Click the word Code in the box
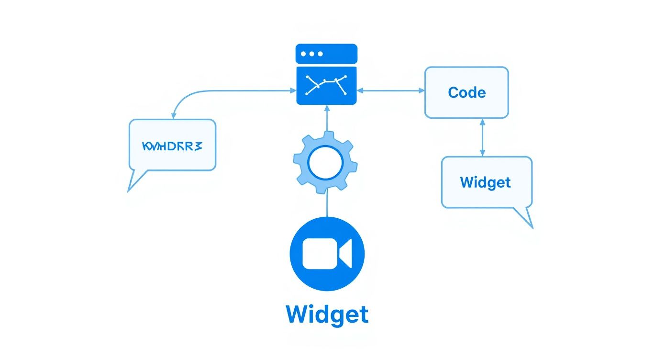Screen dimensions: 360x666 [x=466, y=92]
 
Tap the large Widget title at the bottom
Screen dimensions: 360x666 [x=327, y=315]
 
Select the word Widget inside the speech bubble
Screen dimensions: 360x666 [x=485, y=182]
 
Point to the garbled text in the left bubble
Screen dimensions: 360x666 [x=172, y=146]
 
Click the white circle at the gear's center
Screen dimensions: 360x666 [x=325, y=164]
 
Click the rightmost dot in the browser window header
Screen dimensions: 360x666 [x=321, y=54]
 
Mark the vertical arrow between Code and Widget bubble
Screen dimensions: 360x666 [x=482, y=137]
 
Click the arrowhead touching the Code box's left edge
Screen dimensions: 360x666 [x=422, y=90]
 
